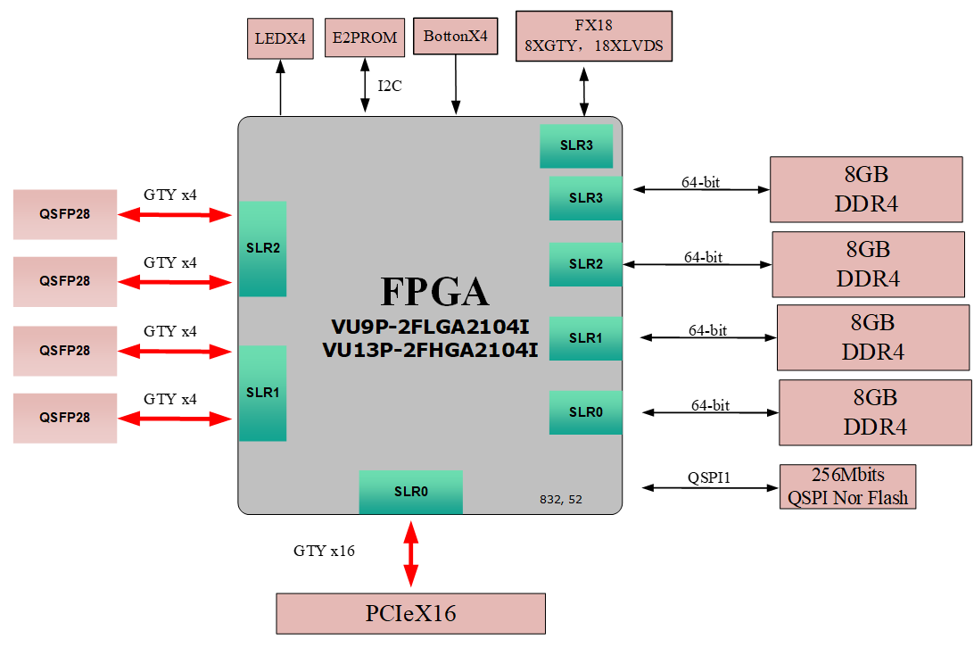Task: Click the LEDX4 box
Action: (x=280, y=39)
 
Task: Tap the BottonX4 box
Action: (x=455, y=37)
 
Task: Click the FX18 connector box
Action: (x=593, y=37)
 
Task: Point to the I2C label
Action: (x=390, y=87)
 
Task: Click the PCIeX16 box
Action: (x=410, y=613)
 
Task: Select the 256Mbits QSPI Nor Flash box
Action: (x=847, y=486)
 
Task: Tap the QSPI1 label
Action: (x=708, y=478)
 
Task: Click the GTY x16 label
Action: (x=324, y=551)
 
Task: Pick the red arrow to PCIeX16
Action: (x=410, y=554)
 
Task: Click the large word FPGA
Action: (x=434, y=292)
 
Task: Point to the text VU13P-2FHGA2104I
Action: (x=430, y=350)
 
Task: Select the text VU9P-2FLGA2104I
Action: (x=430, y=326)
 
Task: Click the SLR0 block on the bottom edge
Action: (x=410, y=492)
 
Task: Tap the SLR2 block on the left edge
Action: (x=262, y=248)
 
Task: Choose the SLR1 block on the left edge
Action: (x=262, y=393)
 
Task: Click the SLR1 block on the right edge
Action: (x=585, y=338)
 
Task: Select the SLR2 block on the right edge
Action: (x=585, y=264)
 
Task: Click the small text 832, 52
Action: (x=560, y=500)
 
